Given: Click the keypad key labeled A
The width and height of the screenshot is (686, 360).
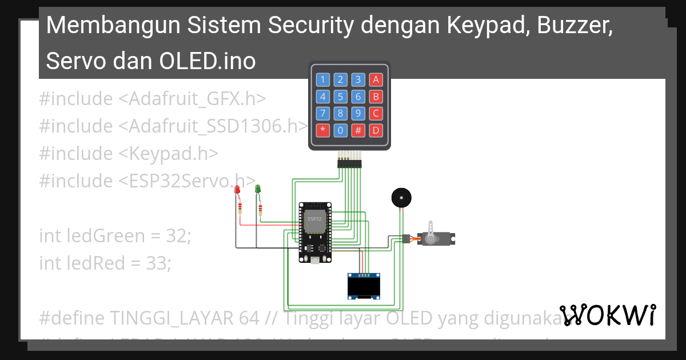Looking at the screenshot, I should [x=376, y=79].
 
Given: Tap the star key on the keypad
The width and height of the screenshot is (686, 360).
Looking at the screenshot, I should [x=323, y=130].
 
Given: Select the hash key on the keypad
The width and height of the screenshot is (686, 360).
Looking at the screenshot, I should [x=358, y=130].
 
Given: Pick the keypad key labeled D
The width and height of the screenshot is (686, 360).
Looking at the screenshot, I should [x=376, y=130].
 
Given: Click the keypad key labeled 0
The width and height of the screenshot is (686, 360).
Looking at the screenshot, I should [x=341, y=130].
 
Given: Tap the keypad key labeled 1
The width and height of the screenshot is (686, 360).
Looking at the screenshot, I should [x=323, y=79].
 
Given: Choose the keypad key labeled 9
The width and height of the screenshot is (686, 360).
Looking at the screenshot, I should [x=358, y=113].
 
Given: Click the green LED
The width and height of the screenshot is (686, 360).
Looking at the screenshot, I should [x=258, y=189].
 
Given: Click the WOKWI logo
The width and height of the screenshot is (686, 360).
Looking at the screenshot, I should [x=608, y=315].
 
